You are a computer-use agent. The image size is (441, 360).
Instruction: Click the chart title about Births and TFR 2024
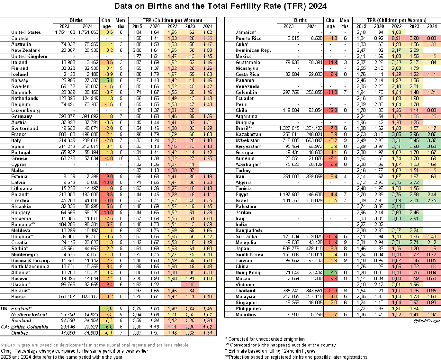220,7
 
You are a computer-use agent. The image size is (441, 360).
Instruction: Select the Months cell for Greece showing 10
121,158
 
